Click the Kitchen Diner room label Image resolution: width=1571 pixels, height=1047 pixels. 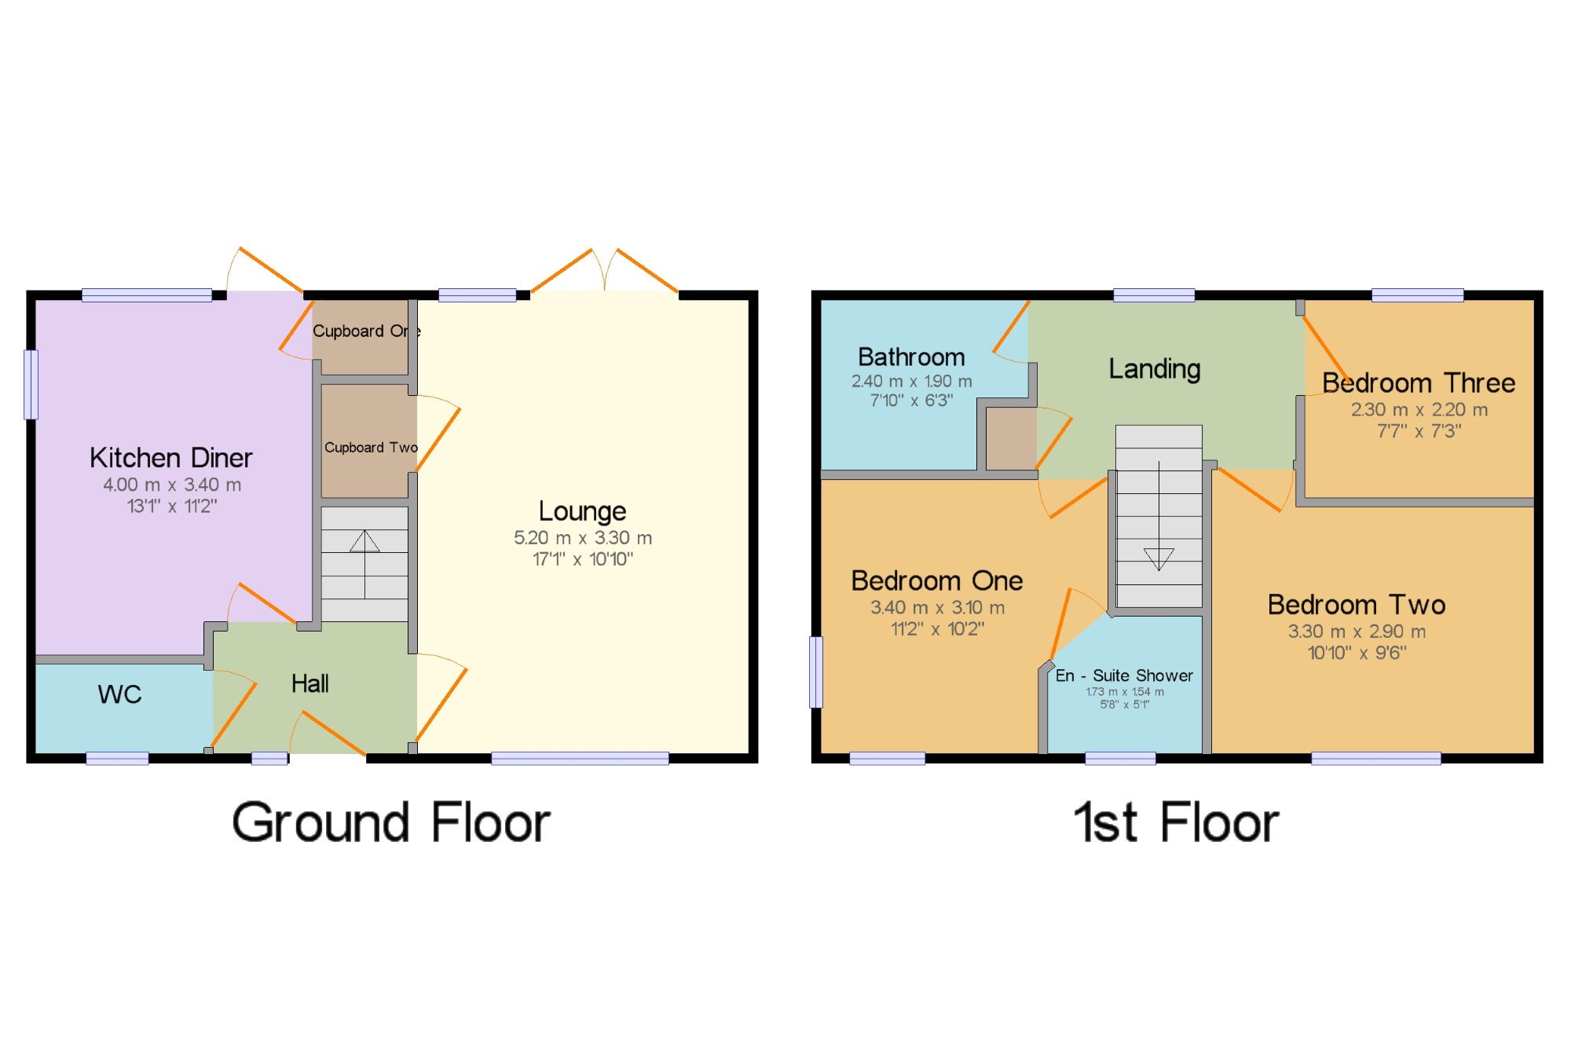coord(170,458)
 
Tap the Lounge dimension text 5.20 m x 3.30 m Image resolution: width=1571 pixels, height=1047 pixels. coord(583,538)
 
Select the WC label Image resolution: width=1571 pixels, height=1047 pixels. coord(119,694)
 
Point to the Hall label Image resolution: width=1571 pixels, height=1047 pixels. coord(309,684)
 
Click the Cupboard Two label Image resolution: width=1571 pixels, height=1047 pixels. coord(371,448)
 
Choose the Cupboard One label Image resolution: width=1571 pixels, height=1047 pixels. coord(366,331)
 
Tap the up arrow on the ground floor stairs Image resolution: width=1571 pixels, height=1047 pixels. coord(364,541)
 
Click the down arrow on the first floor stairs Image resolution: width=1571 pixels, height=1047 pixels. coord(1159,558)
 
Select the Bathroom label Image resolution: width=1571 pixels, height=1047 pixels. coord(911,357)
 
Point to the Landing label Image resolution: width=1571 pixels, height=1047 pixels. coord(1154,368)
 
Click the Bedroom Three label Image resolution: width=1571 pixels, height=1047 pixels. coord(1418,383)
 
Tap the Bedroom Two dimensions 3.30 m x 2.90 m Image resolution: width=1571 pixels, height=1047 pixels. coord(1357,631)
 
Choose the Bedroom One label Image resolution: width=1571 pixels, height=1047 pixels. coord(936,581)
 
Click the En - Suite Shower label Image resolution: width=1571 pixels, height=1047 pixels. coord(1124,675)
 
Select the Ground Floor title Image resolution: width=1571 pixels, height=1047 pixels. coord(391,823)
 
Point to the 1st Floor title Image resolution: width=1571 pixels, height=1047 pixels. coord(1176,823)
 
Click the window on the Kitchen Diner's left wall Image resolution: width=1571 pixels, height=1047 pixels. coord(31,385)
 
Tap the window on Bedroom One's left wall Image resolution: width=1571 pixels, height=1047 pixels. coord(816,672)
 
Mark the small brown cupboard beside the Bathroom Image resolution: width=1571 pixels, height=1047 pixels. coord(1011,438)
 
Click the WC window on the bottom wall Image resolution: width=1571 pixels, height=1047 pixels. coord(117,758)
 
